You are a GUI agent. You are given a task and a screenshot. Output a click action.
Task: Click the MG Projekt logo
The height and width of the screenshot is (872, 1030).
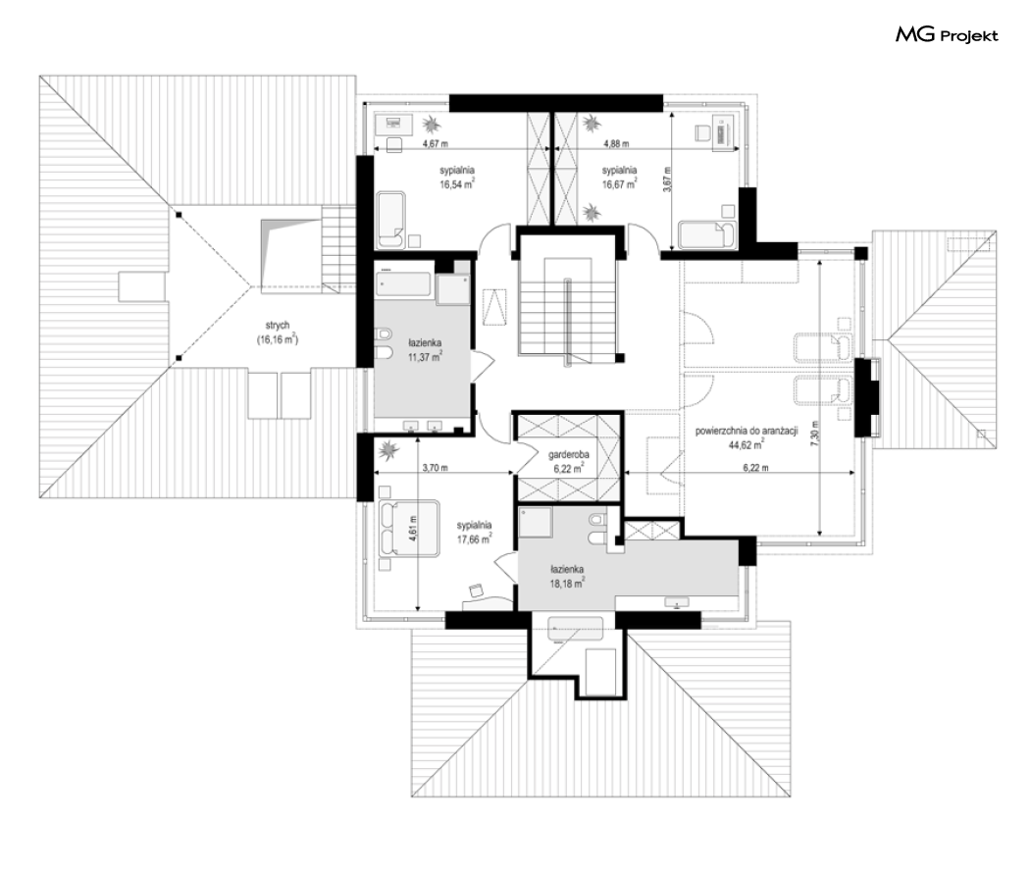[947, 34]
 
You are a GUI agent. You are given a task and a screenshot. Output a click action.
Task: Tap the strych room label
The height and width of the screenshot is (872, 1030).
[278, 326]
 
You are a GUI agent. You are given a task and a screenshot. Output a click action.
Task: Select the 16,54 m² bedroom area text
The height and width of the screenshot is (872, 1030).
[457, 184]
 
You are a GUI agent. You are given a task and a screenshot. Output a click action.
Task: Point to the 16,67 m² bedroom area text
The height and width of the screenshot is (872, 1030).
[619, 184]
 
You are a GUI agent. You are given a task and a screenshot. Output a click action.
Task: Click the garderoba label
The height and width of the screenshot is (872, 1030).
[569, 454]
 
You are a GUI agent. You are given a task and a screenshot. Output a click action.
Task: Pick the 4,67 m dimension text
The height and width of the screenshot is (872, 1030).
[435, 143]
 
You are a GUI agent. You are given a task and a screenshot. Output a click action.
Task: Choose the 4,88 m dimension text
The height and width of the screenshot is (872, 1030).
[616, 143]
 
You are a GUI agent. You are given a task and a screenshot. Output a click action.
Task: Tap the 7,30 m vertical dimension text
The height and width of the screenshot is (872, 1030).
[814, 434]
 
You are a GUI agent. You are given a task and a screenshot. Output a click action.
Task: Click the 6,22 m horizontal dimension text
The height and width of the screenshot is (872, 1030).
[755, 468]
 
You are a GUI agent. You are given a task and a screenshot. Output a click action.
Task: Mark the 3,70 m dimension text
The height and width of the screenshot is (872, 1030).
[435, 468]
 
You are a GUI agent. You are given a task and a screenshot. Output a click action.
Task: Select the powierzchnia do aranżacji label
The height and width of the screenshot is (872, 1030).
[747, 432]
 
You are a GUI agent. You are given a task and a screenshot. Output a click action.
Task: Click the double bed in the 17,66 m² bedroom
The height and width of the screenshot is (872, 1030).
[409, 529]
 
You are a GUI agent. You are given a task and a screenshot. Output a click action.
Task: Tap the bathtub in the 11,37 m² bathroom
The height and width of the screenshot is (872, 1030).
[403, 285]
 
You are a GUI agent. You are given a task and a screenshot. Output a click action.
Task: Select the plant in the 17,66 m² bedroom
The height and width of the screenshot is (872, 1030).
[389, 450]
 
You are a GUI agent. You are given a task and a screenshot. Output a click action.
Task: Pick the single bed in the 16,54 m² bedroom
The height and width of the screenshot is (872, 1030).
[390, 220]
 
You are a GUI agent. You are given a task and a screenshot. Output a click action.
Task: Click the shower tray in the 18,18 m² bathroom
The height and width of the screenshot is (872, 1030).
[536, 522]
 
